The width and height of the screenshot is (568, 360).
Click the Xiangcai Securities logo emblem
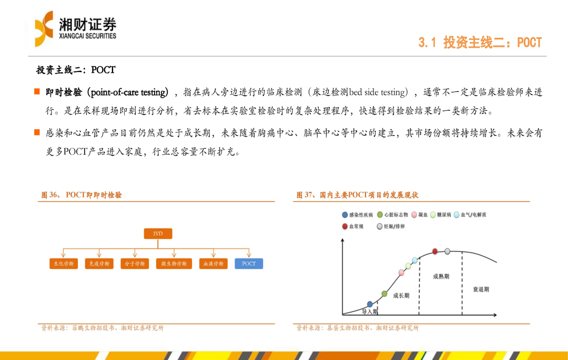44,29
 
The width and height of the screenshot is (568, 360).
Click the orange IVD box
158,234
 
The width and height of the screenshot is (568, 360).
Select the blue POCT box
249,264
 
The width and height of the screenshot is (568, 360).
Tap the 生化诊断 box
64,264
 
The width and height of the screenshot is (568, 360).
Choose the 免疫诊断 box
99,264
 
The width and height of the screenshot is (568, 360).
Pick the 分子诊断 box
135,264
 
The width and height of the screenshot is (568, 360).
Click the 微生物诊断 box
174,264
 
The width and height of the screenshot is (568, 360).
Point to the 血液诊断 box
214,264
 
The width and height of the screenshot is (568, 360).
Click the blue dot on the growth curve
370,304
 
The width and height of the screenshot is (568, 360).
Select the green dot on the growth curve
384,294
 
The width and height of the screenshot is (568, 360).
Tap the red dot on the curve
435,251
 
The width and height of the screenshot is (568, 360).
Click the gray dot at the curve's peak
448,251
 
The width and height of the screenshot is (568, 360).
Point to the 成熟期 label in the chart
441,276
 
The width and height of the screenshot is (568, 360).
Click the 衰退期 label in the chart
481,290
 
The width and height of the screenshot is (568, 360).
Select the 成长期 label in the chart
401,295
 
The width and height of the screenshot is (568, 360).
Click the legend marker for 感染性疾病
345,215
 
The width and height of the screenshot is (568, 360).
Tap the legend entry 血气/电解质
470,215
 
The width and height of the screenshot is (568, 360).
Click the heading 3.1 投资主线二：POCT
480,43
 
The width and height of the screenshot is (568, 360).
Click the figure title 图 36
82,195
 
